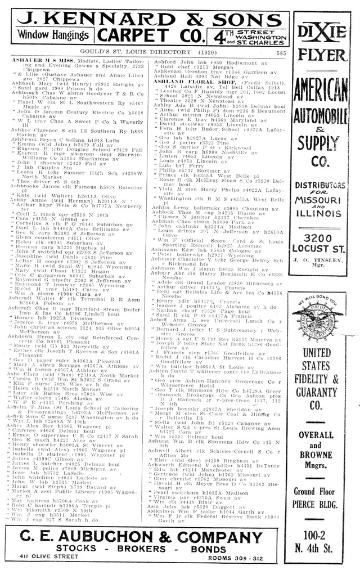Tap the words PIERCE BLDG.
pos(323,504)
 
